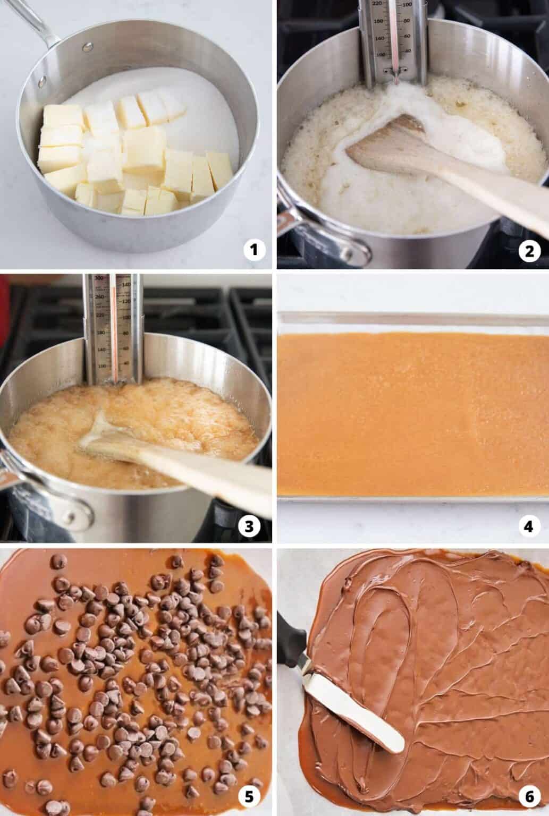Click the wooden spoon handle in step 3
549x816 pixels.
(x=213, y=478)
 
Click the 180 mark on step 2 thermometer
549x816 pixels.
(x=378, y=21)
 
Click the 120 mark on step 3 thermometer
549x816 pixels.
(x=126, y=302)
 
